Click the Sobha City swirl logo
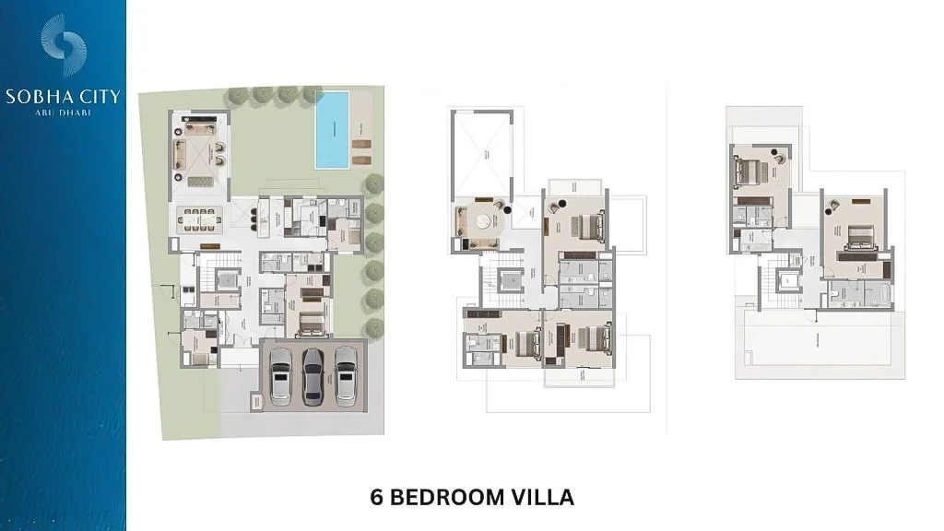[64, 45]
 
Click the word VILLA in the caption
[544, 497]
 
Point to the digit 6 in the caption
[376, 497]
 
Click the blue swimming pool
[332, 129]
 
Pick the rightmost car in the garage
[347, 376]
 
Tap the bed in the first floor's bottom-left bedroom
[526, 344]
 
